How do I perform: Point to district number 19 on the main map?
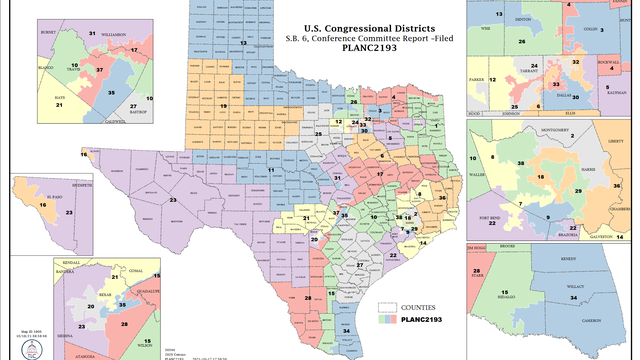pyautogui.click(x=224, y=104)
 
